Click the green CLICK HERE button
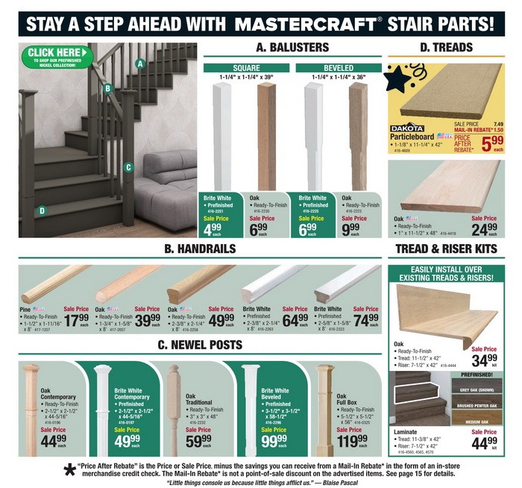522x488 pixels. pos(57,54)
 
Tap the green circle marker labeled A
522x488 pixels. pos(139,64)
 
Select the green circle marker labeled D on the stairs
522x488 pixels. pos(42,210)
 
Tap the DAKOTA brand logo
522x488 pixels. pos(407,128)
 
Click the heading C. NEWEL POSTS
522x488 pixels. pos(199,345)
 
